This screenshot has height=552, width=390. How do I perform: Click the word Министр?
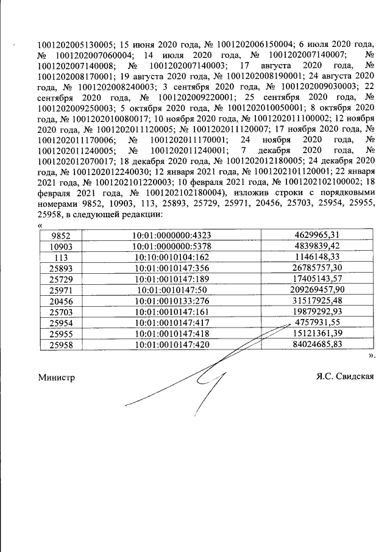pyautogui.click(x=56, y=378)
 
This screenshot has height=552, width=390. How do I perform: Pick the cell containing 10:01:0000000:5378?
pyautogui.click(x=171, y=246)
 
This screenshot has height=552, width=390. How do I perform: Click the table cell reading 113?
pyautogui.click(x=60, y=257)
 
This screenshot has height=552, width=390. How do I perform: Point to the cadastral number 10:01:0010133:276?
pyautogui.click(x=171, y=301)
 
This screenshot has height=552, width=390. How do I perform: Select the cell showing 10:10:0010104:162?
pyautogui.click(x=171, y=257)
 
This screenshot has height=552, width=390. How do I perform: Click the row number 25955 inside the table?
pyautogui.click(x=60, y=334)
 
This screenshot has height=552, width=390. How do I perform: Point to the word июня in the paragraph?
pyautogui.click(x=144, y=44)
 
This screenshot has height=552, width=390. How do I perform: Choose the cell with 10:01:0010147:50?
pyautogui.click(x=171, y=290)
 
